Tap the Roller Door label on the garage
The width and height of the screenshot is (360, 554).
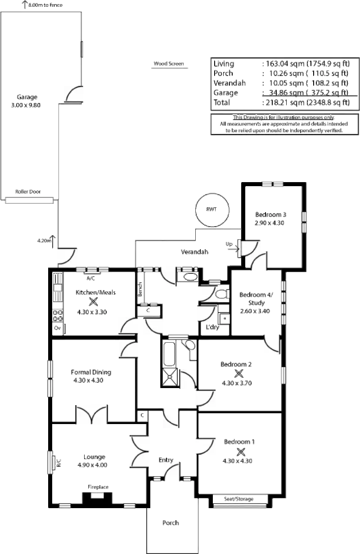tap(28, 192)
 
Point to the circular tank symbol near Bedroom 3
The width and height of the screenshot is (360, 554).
tap(211, 210)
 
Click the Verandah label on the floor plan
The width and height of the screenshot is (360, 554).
tap(193, 252)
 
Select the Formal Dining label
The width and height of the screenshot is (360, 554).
tap(90, 373)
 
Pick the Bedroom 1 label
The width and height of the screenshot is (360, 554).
tap(239, 442)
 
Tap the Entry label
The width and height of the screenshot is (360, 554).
tap(166, 460)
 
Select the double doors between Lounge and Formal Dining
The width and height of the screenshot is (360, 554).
tap(91, 414)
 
